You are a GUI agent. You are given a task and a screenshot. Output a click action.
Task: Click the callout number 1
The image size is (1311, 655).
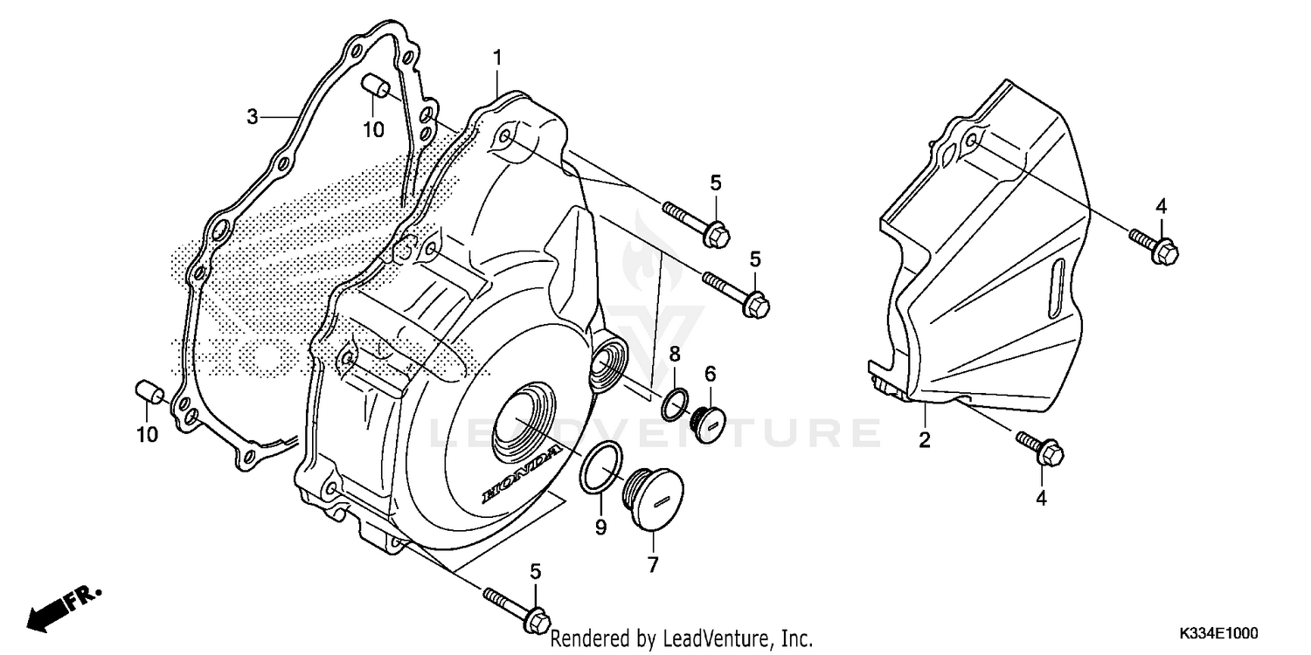[496, 59]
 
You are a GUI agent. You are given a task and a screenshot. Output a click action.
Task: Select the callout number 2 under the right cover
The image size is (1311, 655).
[924, 439]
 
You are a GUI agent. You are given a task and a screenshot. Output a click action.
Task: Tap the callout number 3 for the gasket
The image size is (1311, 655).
[252, 116]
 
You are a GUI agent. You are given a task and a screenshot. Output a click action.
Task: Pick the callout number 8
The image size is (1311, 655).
[675, 354]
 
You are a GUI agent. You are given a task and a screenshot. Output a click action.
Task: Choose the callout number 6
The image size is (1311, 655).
[711, 374]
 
